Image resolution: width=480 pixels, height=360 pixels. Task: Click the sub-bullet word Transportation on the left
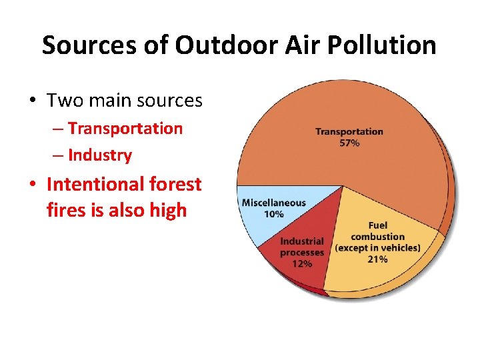[125, 129]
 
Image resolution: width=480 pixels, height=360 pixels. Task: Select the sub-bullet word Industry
[100, 155]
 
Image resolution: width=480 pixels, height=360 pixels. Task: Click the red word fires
[69, 211]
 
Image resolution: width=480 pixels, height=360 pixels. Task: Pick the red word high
[168, 211]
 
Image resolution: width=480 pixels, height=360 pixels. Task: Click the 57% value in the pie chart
[349, 143]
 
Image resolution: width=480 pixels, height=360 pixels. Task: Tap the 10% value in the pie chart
[273, 214]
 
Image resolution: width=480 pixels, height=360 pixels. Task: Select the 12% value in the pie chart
[302, 263]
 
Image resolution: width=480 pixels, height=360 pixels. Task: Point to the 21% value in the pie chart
[377, 259]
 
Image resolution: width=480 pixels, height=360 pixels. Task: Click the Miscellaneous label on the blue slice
[273, 203]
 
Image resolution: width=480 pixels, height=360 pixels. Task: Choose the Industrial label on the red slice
[302, 241]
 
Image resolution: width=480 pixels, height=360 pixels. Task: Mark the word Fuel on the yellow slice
[377, 225]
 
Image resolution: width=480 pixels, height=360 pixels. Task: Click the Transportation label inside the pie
[349, 132]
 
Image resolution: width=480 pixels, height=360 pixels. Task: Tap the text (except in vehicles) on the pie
[377, 248]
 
